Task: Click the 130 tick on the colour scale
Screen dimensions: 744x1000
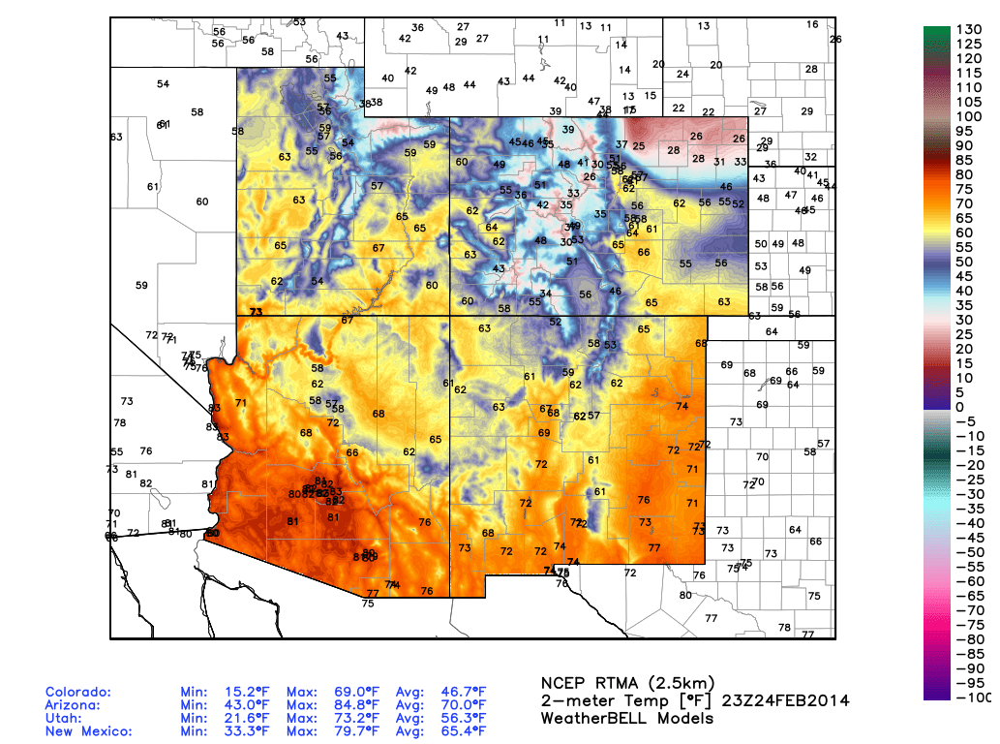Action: (x=970, y=30)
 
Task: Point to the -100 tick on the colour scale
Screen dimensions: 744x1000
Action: (x=970, y=697)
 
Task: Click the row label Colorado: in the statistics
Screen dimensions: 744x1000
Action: (x=78, y=693)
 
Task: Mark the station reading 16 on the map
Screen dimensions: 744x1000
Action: (x=812, y=24)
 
